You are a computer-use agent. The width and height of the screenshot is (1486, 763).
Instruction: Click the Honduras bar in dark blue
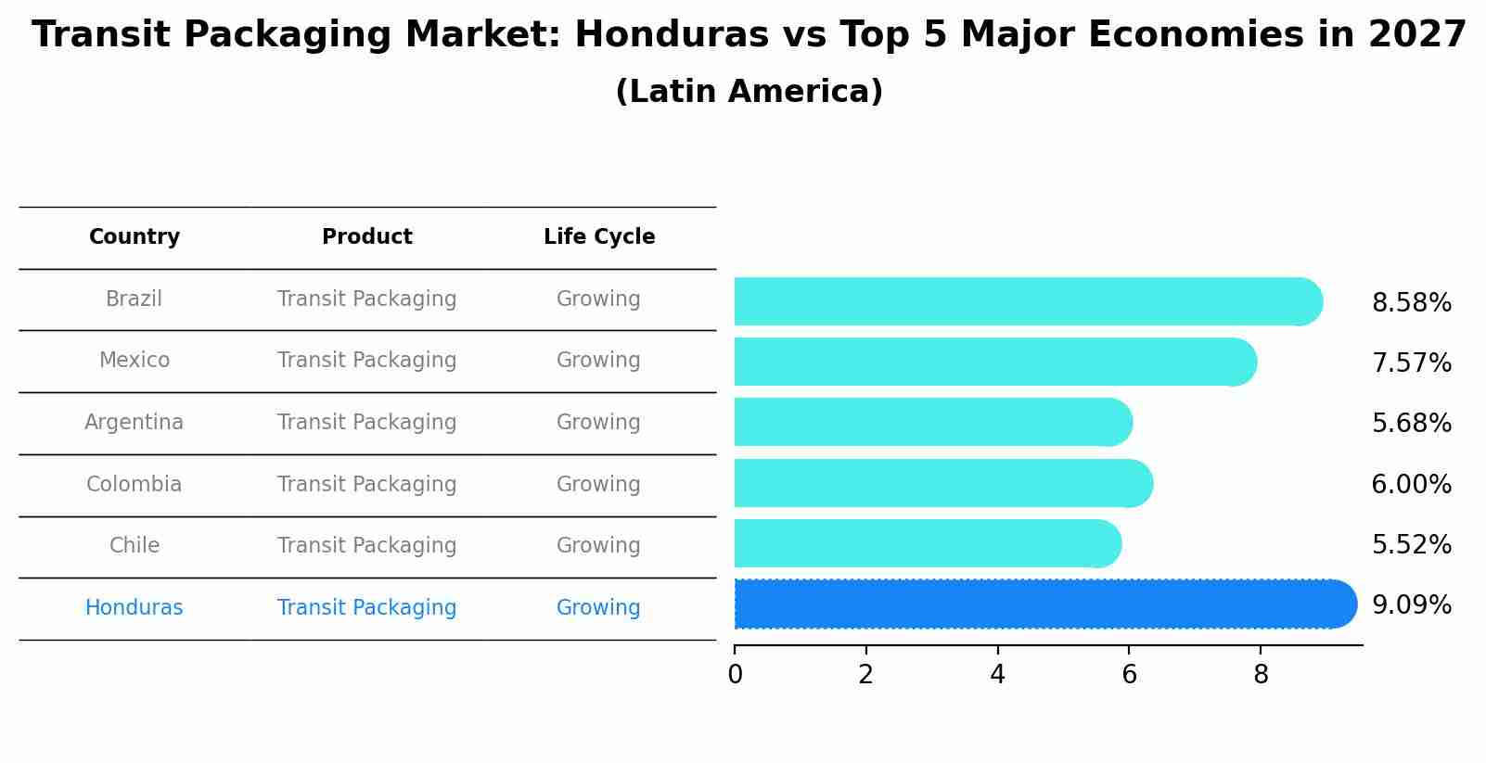coord(1044,604)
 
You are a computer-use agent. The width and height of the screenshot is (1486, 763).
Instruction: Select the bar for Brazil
coord(1025,301)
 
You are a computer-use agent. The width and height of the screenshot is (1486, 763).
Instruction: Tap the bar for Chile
coord(926,543)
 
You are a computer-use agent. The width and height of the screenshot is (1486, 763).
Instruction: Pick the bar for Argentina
coord(931,422)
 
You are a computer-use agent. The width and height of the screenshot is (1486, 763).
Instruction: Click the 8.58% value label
coord(1411,303)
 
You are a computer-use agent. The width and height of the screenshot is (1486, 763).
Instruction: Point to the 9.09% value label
coord(1411,605)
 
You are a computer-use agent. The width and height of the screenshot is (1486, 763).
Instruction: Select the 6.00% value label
coord(1411,485)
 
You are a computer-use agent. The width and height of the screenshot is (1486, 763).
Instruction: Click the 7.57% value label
coord(1411,363)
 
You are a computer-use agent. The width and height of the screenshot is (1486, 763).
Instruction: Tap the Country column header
coord(135,237)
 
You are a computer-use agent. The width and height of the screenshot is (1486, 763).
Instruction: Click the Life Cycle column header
coord(599,237)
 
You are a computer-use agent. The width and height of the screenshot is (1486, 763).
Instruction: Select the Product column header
coord(366,237)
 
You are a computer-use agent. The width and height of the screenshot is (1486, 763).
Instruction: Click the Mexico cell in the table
coord(135,361)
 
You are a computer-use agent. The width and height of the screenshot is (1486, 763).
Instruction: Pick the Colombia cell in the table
coord(135,485)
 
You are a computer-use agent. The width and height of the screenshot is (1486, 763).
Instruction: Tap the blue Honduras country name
coord(135,608)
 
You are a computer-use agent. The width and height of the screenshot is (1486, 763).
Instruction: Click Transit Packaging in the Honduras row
coord(366,608)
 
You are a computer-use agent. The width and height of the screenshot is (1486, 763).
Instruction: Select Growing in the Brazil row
coord(598,299)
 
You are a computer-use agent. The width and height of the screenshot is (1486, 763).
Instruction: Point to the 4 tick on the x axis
coord(997,675)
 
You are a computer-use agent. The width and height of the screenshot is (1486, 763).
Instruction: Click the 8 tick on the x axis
coord(1261,675)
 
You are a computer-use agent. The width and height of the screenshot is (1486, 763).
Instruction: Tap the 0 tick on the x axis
coord(735,675)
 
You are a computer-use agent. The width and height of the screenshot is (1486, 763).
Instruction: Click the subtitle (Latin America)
coord(749,92)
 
